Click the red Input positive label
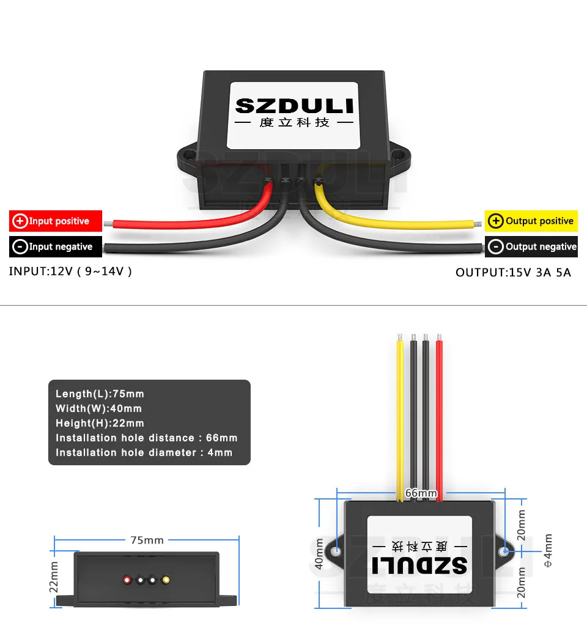tap(56, 221)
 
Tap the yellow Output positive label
tap(531, 221)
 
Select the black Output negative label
tap(531, 246)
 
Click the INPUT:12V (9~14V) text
tap(70, 271)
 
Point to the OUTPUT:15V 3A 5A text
tap(513, 272)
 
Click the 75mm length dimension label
tap(147, 540)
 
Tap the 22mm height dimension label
tap(54, 577)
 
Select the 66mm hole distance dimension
tap(421, 493)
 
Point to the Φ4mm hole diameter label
tap(548, 551)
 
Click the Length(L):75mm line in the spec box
tap(100, 394)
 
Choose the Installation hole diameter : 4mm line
tap(144, 453)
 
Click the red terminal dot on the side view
tap(127, 580)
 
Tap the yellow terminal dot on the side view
tap(166, 580)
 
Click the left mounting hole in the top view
tap(336, 552)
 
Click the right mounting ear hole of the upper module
tap(402, 155)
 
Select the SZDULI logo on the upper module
tap(294, 106)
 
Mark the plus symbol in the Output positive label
tap(496, 221)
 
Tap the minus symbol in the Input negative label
tap(20, 246)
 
